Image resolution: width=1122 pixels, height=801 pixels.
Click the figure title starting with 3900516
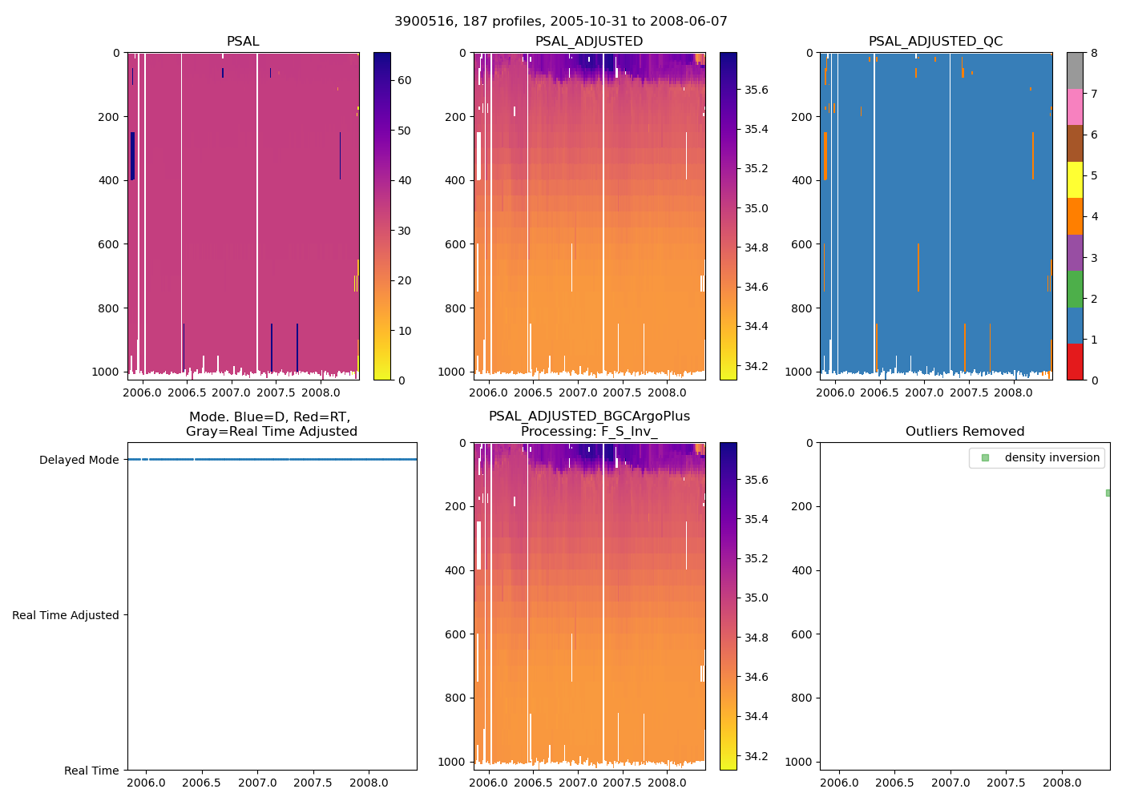click(561, 22)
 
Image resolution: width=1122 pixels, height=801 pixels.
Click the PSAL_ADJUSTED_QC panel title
click(935, 42)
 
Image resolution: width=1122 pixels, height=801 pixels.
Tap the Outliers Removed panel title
click(965, 432)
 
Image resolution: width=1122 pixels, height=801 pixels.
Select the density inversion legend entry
click(1051, 457)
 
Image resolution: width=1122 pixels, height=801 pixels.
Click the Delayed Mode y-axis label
click(79, 460)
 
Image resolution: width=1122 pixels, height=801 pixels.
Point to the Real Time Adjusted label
click(66, 615)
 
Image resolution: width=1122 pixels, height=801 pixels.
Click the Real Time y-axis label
click(91, 771)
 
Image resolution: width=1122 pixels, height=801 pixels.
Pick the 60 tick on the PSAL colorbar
click(405, 80)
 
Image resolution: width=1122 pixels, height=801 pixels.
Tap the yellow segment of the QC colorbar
click(1075, 180)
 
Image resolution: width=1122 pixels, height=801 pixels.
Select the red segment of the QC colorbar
click(1075, 362)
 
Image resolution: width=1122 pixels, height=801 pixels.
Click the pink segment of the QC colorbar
click(1075, 107)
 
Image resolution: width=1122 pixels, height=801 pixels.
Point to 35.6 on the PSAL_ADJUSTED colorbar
click(757, 90)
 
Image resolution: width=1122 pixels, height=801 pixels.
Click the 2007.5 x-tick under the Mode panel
click(313, 783)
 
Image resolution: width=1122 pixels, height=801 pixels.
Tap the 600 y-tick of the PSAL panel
click(109, 244)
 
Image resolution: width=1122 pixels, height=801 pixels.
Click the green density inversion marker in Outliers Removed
click(1108, 493)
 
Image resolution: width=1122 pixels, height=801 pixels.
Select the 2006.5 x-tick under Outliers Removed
click(894, 783)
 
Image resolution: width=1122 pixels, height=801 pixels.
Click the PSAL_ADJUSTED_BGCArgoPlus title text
click(589, 417)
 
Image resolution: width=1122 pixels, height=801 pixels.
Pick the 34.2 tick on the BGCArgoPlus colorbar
click(757, 756)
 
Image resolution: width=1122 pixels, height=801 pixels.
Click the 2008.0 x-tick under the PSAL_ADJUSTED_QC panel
click(1014, 392)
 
